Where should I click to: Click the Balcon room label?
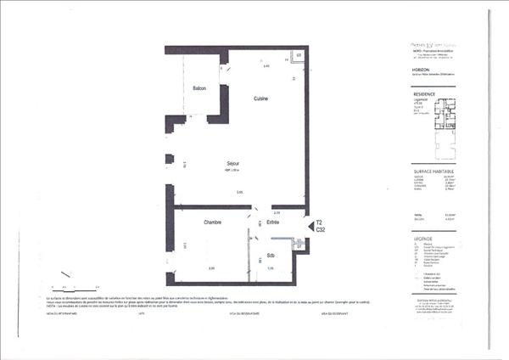[x=200, y=89]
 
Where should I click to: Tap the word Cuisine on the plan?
[x=261, y=99]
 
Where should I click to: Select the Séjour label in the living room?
[x=232, y=164]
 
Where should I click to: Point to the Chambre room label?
[x=213, y=222]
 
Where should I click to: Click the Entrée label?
[x=273, y=222]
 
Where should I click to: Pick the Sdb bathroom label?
[x=271, y=256]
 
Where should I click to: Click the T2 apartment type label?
[x=320, y=222]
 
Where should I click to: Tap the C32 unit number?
[x=321, y=229]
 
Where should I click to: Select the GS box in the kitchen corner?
[x=299, y=56]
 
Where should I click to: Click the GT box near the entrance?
[x=299, y=246]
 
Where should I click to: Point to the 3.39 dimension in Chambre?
[x=211, y=268]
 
